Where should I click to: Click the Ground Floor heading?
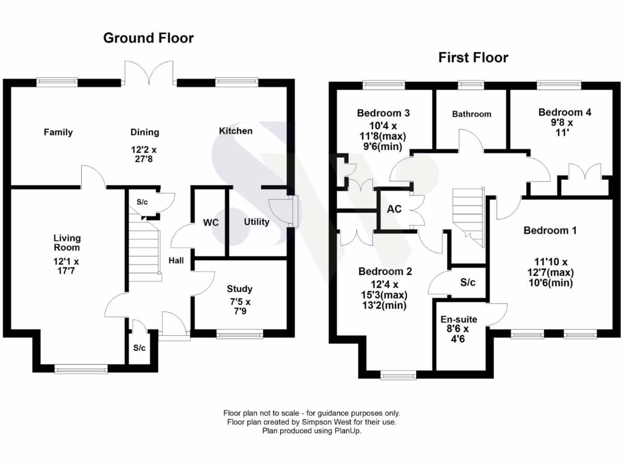pos(148,38)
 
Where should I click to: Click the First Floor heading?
pos(473,58)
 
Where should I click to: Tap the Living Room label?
pos(66,243)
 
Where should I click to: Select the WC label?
pos(211,222)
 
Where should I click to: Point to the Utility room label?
pos(257,222)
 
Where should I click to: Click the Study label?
pos(239,289)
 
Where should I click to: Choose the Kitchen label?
pos(235,131)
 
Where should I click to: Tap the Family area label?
pos(58,132)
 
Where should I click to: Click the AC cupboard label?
pos(394,208)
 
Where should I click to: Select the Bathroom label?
pos(472,114)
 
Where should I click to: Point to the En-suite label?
pos(459,319)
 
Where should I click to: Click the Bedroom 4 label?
pos(565,113)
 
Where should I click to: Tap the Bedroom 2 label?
pos(385,271)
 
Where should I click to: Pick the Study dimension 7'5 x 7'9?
pos(239,305)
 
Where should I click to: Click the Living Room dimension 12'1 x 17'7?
pos(66,267)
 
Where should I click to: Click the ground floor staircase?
pos(145,250)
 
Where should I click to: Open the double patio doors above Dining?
pos(149,73)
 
